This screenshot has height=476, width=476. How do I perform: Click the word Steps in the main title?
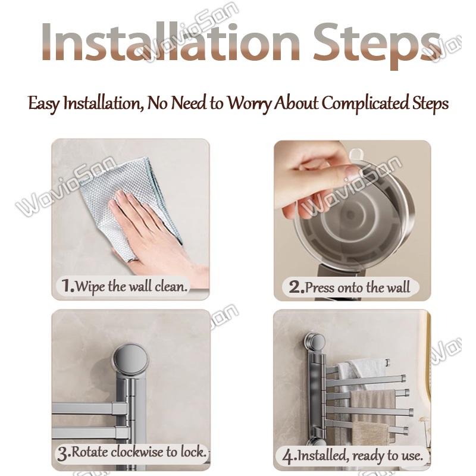[x=377, y=46]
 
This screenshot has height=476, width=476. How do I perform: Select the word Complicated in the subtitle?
[x=365, y=104]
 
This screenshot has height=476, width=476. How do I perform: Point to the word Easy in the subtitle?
[x=43, y=104]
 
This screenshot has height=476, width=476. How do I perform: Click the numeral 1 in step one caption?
[x=67, y=286]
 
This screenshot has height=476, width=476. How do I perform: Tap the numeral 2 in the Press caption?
[x=295, y=287]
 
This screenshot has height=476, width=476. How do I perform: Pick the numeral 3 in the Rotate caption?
[x=63, y=454]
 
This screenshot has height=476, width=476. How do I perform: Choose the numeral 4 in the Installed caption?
[x=288, y=456]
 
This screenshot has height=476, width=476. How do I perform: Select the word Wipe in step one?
[x=90, y=287]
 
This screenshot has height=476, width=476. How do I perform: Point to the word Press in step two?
[x=320, y=287]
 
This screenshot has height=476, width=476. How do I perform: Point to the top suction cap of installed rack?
[x=315, y=341]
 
